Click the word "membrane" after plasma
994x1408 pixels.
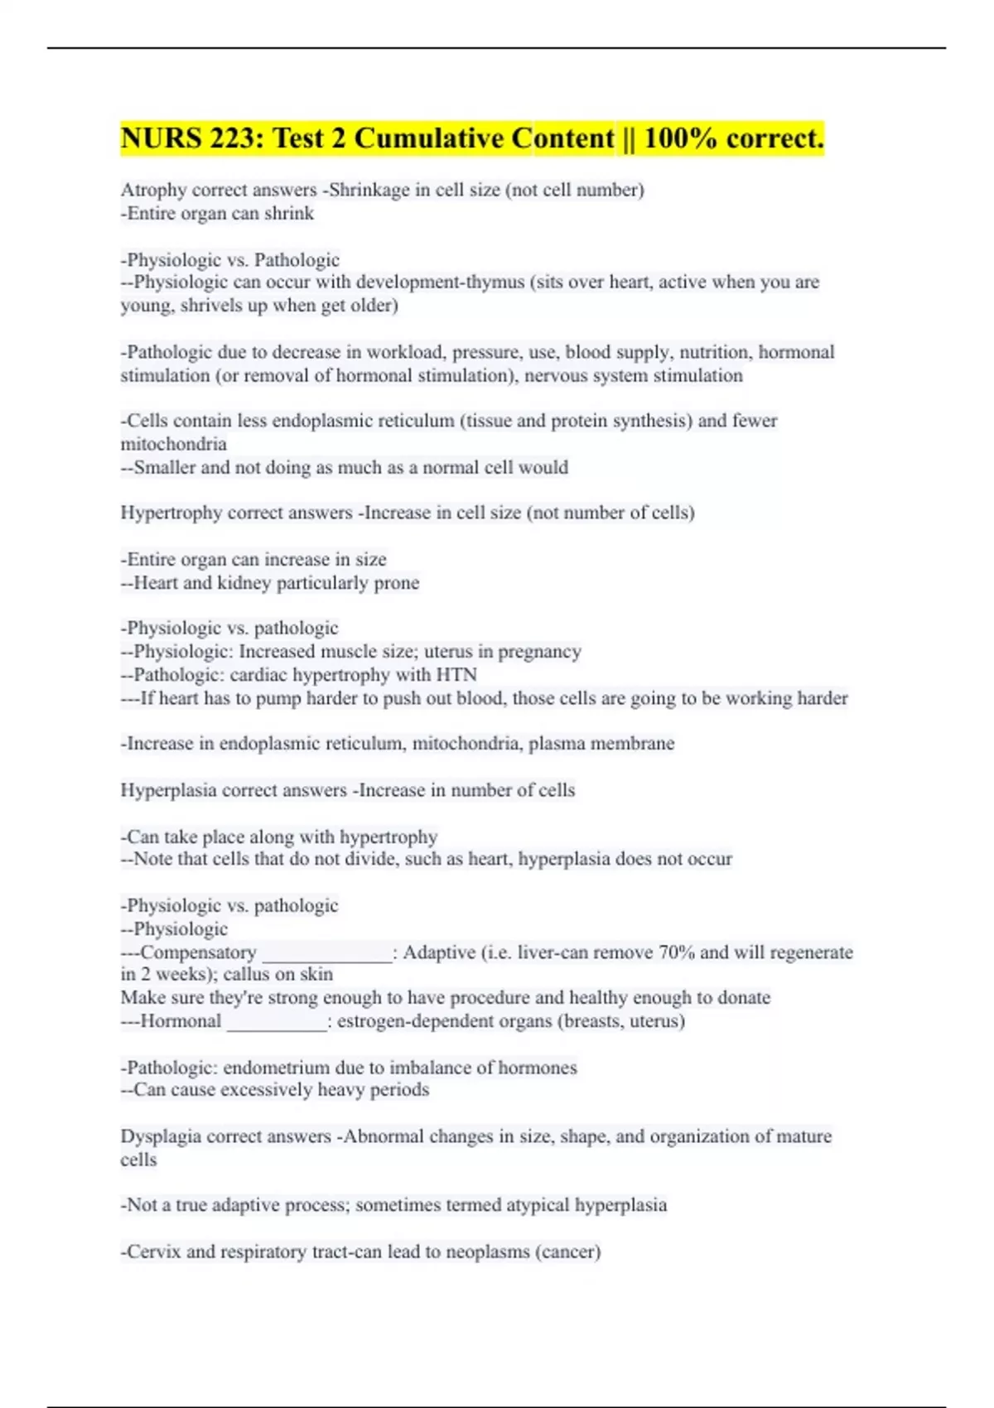point(637,744)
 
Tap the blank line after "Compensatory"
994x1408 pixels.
point(326,955)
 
